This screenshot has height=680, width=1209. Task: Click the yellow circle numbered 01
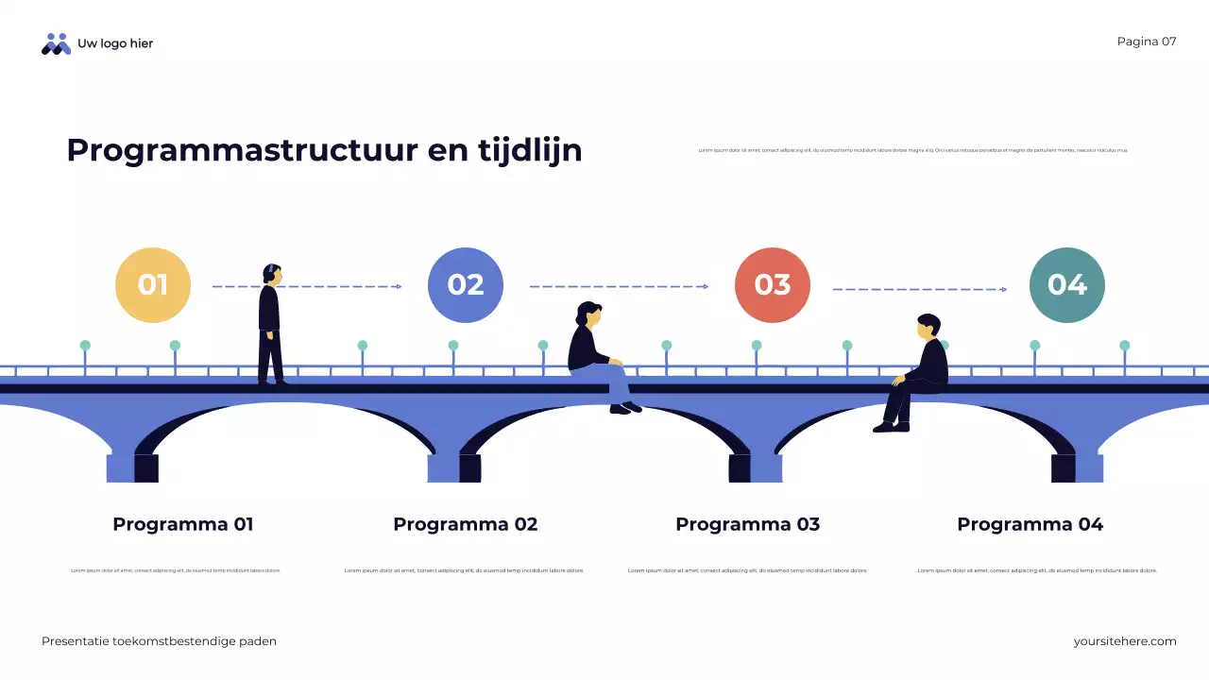153,285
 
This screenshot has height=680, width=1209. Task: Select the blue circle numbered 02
466,285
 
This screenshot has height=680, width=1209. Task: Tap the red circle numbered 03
773,285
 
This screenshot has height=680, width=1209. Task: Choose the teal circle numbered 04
1067,285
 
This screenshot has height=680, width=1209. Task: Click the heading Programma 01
183,524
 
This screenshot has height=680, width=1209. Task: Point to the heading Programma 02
466,524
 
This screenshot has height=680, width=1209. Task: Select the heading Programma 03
748,524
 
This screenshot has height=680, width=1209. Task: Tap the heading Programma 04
1030,524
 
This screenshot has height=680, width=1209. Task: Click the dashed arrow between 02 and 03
619,286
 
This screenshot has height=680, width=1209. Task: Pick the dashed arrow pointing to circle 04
919,289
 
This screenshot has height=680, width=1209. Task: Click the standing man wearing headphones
270,326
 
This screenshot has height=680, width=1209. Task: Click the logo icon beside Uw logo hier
56,43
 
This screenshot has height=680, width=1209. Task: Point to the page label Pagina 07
1147,42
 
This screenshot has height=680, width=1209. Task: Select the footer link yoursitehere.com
1125,641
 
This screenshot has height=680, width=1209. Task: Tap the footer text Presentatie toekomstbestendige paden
159,641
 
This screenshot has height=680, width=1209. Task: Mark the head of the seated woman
589,314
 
